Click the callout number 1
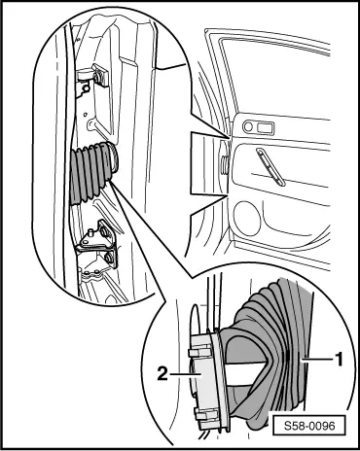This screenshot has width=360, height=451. pos(339,360)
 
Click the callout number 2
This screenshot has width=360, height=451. pos(162,374)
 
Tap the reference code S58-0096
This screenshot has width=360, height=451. pos(309,425)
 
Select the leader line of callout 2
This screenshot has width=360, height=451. pos(185,374)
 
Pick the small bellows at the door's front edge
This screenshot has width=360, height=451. pos(225,163)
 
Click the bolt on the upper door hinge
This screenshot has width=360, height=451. pos(96,77)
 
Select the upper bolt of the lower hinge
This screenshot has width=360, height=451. pos(104,231)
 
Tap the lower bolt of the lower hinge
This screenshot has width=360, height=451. pos(108,257)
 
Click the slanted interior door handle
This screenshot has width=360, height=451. pos(270,167)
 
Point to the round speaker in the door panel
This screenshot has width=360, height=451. pos(247,218)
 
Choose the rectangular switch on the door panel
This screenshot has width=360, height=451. pos(266,127)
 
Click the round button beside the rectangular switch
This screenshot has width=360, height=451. pos(248,126)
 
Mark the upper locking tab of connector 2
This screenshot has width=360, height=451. pos(198,351)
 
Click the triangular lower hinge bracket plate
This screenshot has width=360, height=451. pos(97,236)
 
